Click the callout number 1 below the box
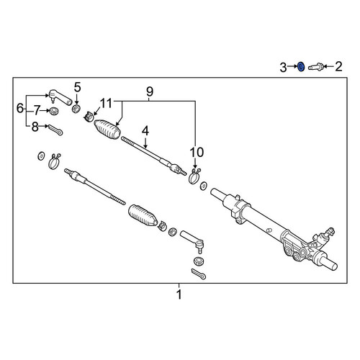(179, 294)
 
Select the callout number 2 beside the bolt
(338, 66)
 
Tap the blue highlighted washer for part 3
(301, 66)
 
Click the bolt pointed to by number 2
(315, 66)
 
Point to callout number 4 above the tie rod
(145, 131)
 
